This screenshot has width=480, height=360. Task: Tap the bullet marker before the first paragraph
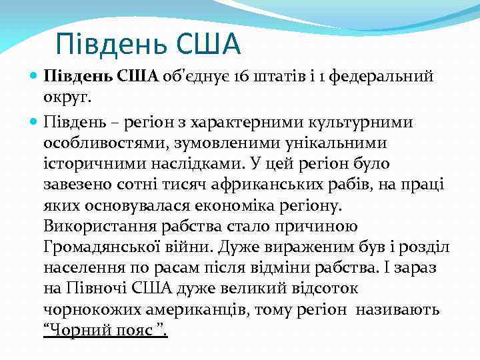(35, 76)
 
